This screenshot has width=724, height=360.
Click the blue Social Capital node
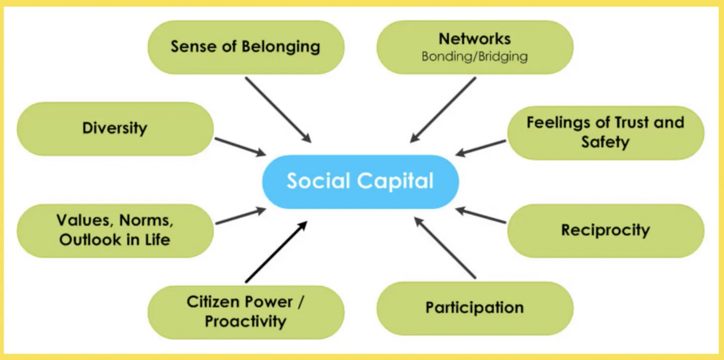(360, 182)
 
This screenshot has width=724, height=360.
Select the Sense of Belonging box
(246, 47)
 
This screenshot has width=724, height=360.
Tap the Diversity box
(115, 129)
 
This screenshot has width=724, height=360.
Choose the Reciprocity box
(606, 231)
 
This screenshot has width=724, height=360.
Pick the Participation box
(475, 308)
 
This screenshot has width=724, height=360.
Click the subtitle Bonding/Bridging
(475, 57)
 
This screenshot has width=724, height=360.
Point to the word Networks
(475, 39)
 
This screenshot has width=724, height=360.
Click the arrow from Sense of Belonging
(278, 110)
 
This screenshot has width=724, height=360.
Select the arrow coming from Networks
(443, 110)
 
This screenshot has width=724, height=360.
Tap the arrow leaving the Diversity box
(240, 147)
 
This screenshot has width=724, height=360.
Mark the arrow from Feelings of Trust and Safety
(480, 148)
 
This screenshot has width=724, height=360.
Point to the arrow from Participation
(445, 248)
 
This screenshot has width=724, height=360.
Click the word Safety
(606, 142)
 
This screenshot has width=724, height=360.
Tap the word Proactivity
(246, 321)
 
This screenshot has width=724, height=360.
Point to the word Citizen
(213, 302)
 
